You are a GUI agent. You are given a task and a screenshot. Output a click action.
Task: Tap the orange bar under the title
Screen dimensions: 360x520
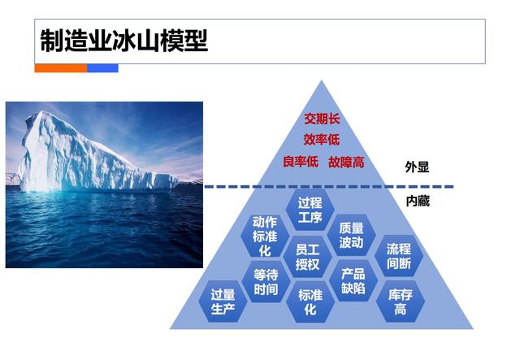click(x=60, y=68)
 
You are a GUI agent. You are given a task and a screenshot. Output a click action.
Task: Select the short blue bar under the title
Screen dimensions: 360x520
click(x=102, y=68)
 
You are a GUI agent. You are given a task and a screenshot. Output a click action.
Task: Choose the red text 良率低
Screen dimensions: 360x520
click(x=300, y=162)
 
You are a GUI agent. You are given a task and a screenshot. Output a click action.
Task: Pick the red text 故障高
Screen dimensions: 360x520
click(x=346, y=162)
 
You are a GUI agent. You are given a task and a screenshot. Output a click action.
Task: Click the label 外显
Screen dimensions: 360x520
click(x=417, y=167)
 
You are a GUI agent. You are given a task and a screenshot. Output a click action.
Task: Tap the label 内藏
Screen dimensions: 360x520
click(x=417, y=200)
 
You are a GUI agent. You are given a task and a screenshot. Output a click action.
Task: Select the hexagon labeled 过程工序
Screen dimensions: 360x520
click(x=310, y=210)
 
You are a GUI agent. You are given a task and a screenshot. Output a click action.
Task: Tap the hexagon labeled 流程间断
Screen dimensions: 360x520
click(x=399, y=257)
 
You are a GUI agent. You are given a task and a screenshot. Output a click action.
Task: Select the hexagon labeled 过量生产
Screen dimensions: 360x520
click(x=223, y=301)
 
